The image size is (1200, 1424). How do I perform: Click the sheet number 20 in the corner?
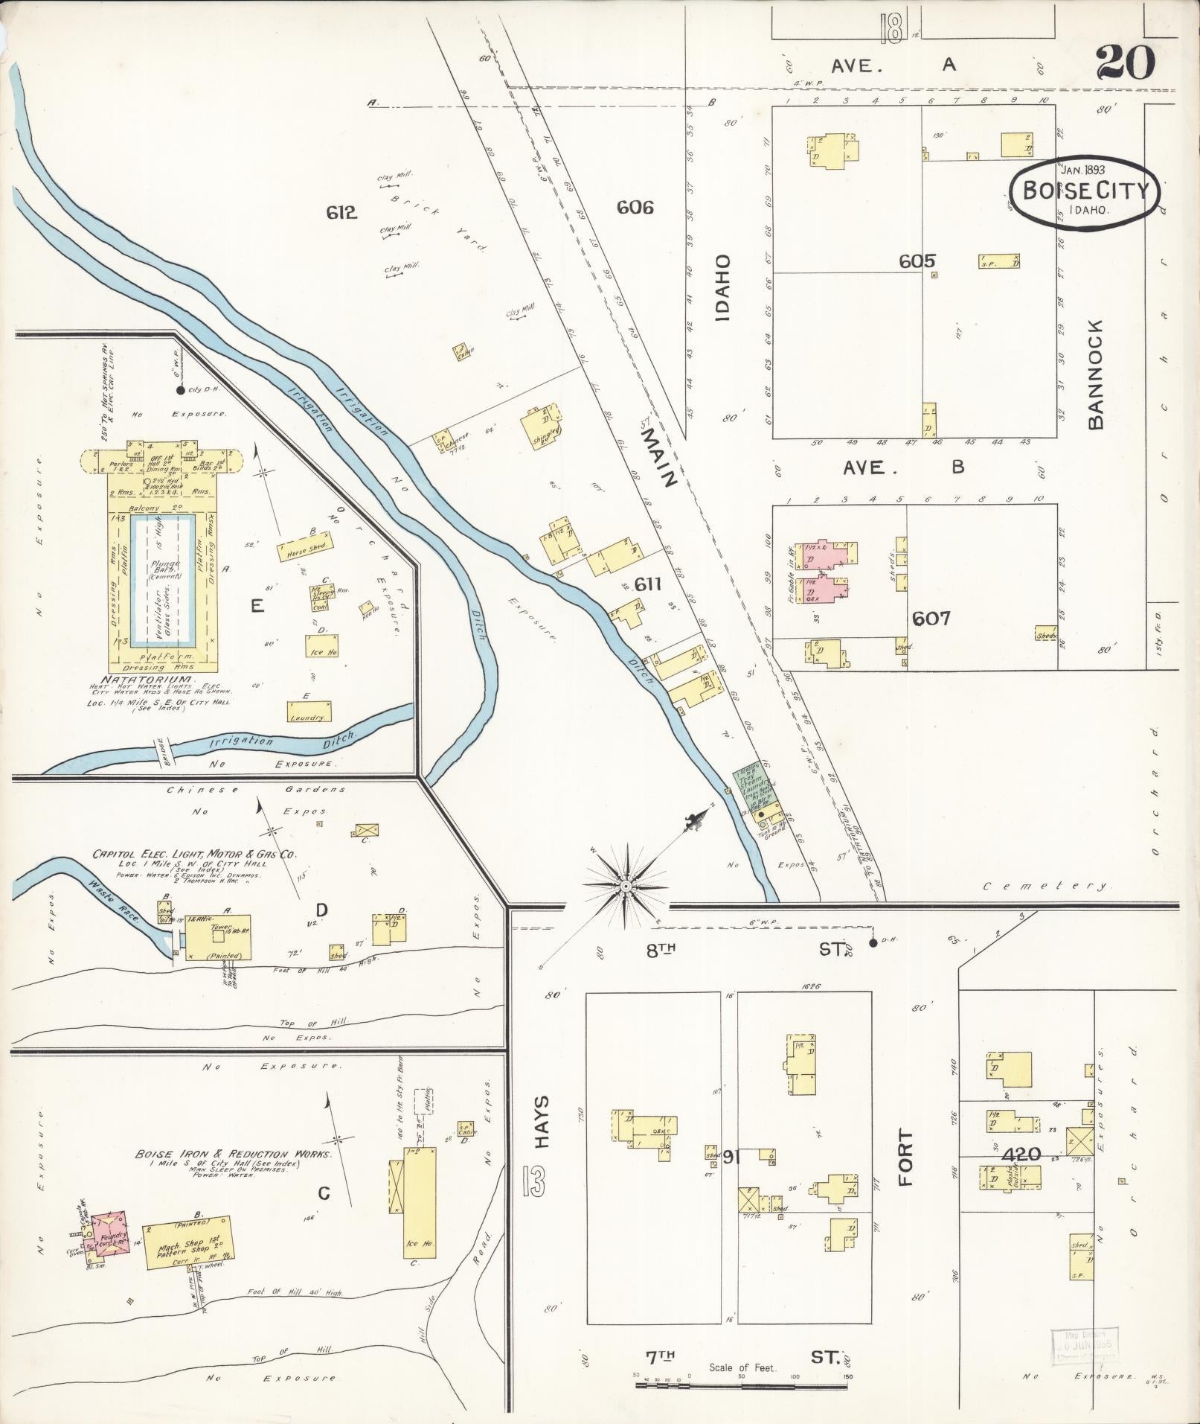click(x=1126, y=63)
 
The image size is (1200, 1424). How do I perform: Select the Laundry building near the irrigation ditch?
click(x=309, y=712)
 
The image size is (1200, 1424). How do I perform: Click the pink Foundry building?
click(x=109, y=1238)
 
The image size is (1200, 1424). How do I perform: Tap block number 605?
click(x=916, y=261)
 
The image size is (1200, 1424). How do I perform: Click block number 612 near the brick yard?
click(x=341, y=213)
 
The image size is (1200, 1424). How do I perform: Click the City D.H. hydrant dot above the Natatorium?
click(x=179, y=390)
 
